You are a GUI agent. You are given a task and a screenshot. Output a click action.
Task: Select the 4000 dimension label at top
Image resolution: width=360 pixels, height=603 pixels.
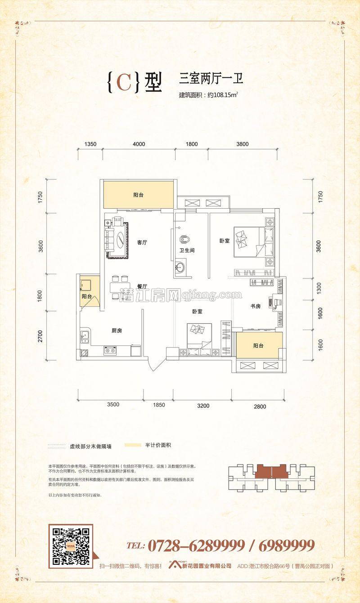(139, 144)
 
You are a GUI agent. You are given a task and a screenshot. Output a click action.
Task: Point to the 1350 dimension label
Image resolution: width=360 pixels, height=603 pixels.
(91, 144)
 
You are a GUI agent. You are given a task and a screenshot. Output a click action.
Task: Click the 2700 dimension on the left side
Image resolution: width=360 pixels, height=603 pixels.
(40, 336)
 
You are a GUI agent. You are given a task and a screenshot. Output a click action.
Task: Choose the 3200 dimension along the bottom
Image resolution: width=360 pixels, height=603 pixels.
(203, 406)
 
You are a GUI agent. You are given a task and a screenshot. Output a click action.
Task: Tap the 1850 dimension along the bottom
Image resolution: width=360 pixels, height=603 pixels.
(159, 405)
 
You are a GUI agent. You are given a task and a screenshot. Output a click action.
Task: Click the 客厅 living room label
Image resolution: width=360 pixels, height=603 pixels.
(142, 242)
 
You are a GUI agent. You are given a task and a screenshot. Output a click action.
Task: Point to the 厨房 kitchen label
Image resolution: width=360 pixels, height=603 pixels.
(117, 331)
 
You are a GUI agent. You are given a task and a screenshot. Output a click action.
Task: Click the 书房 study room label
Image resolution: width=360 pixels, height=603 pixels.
(255, 306)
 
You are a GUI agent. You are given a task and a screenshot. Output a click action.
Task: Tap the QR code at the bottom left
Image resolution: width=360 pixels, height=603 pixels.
(71, 546)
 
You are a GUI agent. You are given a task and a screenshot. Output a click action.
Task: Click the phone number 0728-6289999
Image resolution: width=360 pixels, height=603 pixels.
(197, 546)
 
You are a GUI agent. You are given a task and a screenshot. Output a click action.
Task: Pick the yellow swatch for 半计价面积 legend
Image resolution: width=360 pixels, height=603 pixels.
(132, 446)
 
